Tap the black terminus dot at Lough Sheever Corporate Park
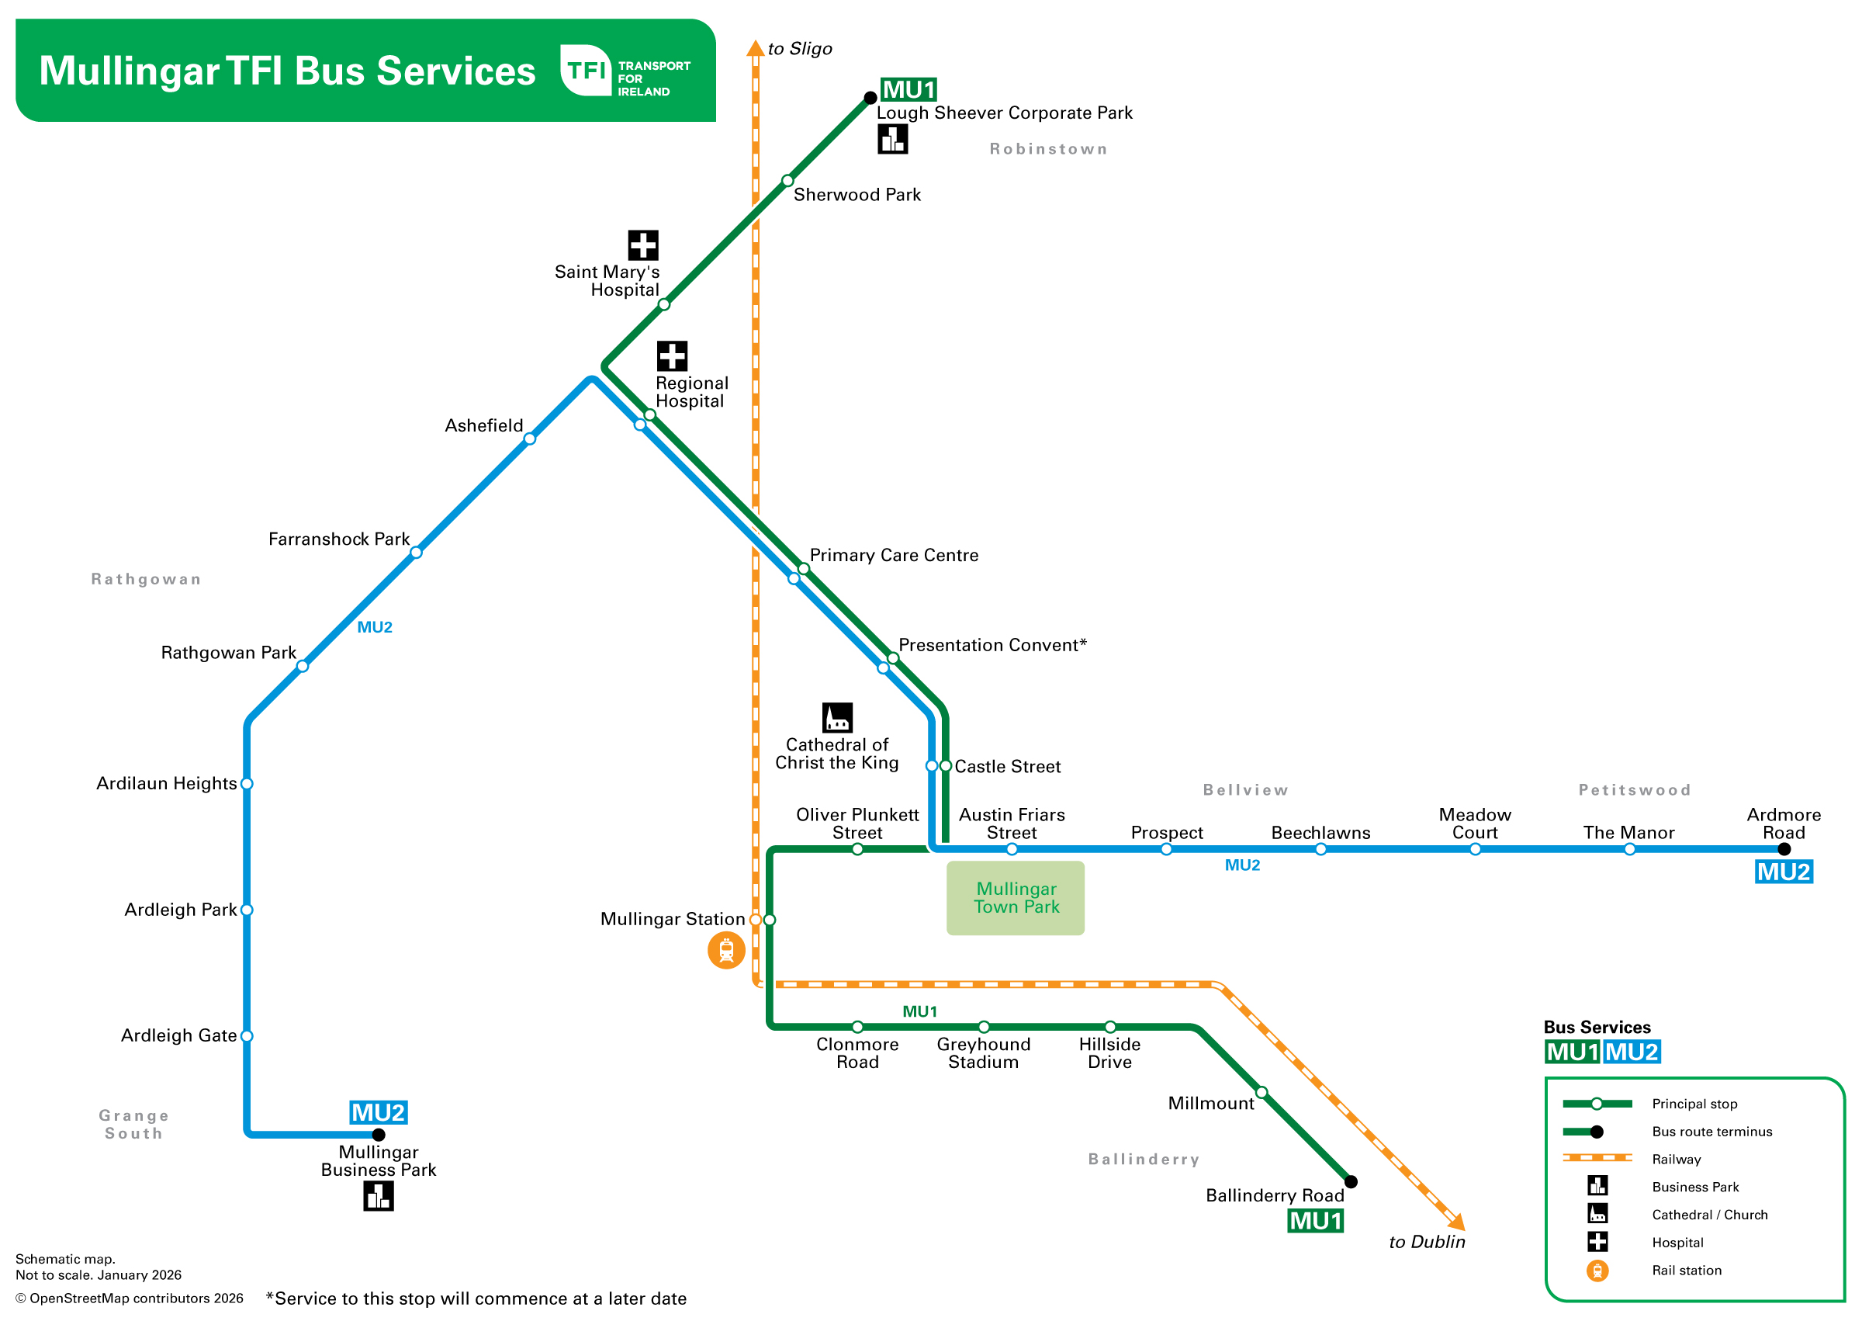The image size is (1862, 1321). pyautogui.click(x=870, y=99)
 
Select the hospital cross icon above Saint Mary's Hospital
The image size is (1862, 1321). pyautogui.click(x=642, y=244)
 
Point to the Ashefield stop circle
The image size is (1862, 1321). pyautogui.click(x=529, y=439)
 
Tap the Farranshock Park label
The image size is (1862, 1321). pyautogui.click(x=338, y=539)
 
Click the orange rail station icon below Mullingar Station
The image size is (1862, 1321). pyautogui.click(x=726, y=951)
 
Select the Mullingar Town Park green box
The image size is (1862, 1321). pyautogui.click(x=1015, y=898)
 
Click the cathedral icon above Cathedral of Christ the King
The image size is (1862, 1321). pyautogui.click(x=836, y=717)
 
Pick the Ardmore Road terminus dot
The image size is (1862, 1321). pyautogui.click(x=1784, y=849)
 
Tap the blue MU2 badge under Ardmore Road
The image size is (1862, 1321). pyautogui.click(x=1783, y=872)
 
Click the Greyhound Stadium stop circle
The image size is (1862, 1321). pyautogui.click(x=984, y=1028)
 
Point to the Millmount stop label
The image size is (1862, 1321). pyautogui.click(x=1211, y=1104)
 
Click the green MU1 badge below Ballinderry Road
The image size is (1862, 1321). pyautogui.click(x=1315, y=1221)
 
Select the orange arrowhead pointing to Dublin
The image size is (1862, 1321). pyautogui.click(x=1456, y=1222)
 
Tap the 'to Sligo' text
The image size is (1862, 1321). pyautogui.click(x=799, y=49)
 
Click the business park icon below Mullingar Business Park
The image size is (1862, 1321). pyautogui.click(x=378, y=1196)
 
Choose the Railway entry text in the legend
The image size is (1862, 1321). pyautogui.click(x=1676, y=1160)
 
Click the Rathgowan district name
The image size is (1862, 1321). pyautogui.click(x=146, y=579)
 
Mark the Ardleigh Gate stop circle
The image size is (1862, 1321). pyautogui.click(x=247, y=1036)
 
